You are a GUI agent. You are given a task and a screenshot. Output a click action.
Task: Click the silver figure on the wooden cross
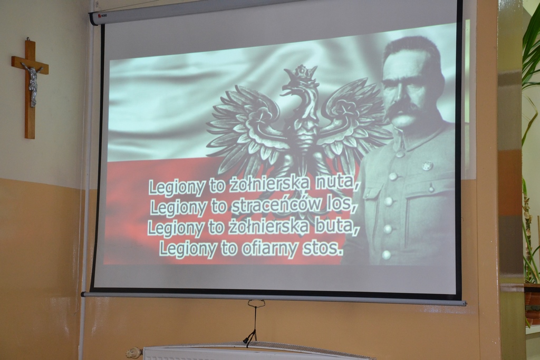point(33,83)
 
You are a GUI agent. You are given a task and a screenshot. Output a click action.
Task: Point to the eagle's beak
point(286,91)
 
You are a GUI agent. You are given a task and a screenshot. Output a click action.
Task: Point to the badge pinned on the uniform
point(427,166)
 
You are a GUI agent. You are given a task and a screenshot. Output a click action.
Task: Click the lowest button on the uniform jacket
point(387,255)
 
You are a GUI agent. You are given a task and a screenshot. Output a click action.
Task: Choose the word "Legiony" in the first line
point(177,188)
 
